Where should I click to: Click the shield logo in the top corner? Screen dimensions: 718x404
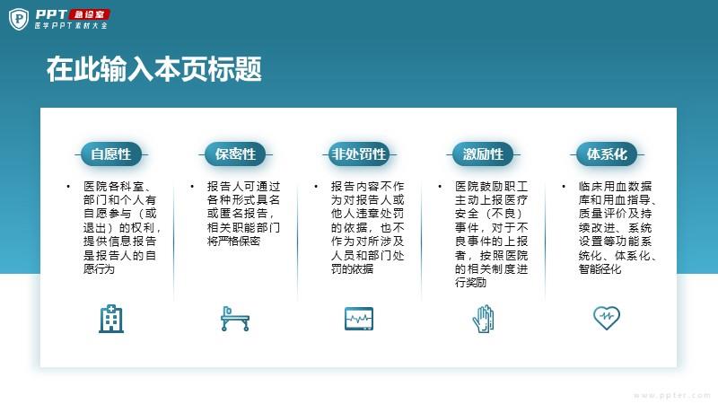(x=19, y=20)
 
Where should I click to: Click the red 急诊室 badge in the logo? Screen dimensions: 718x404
(x=89, y=14)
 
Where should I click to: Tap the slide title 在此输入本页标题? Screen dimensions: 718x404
(x=154, y=69)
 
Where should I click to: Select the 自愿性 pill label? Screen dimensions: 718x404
(x=111, y=154)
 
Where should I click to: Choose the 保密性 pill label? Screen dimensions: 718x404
(x=235, y=154)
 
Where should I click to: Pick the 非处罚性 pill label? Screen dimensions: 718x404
(x=359, y=154)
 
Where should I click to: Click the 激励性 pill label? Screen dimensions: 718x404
(x=483, y=154)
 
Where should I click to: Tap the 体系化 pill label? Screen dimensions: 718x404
(x=607, y=154)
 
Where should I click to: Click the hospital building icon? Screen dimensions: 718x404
(x=111, y=319)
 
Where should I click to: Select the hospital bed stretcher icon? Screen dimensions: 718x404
(x=235, y=319)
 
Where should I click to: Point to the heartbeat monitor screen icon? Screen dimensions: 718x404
(x=359, y=319)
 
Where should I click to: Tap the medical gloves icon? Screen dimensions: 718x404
(x=483, y=319)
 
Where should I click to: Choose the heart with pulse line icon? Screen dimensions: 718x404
(x=607, y=318)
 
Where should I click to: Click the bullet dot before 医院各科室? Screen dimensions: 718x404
(x=68, y=187)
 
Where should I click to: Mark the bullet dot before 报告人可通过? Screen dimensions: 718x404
(x=192, y=187)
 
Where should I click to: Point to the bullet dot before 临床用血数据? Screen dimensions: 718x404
(x=564, y=187)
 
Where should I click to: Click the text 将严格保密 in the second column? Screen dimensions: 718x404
(x=233, y=241)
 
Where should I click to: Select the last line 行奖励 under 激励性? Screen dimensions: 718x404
(x=470, y=282)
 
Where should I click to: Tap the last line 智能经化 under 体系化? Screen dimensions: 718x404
(x=600, y=268)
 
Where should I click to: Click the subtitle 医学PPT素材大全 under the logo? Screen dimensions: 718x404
(x=71, y=26)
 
